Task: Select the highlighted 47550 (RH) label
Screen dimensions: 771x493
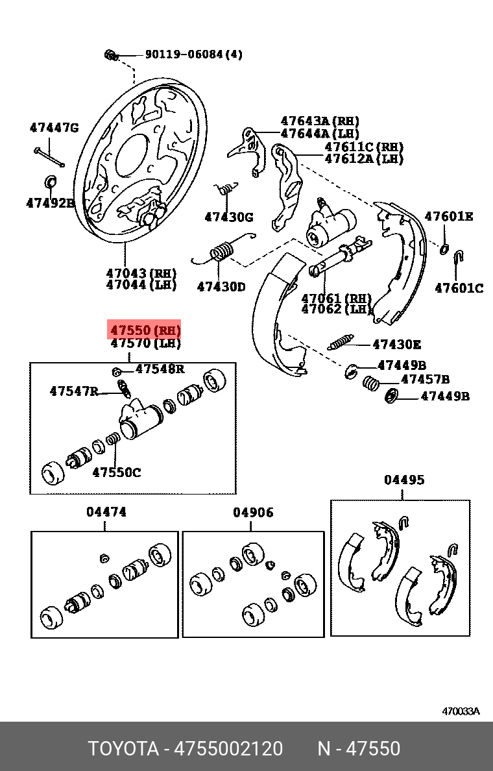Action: [x=145, y=330]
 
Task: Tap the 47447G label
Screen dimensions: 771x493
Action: [x=54, y=128]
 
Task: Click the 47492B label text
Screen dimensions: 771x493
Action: [x=51, y=203]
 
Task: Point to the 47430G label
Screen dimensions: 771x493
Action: [x=229, y=217]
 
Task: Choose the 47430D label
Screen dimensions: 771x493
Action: [x=221, y=286]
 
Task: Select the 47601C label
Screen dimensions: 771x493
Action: [x=459, y=288]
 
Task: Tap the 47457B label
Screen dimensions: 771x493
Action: [x=425, y=380]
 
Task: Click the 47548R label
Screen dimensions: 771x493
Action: [x=160, y=369]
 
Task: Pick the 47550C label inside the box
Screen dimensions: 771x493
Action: [x=116, y=472]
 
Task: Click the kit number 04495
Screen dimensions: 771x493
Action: [x=404, y=480]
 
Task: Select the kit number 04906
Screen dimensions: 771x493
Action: [x=253, y=513]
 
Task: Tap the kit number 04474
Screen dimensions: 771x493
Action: [x=106, y=512]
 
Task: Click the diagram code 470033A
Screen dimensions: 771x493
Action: [x=461, y=711]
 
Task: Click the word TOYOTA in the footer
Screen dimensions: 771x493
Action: [x=123, y=750]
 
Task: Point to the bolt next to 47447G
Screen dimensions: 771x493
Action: [x=48, y=156]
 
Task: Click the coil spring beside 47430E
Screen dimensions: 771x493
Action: [x=341, y=343]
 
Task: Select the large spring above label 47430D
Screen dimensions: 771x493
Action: [x=221, y=251]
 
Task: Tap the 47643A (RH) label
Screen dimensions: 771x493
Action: [x=320, y=121]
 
